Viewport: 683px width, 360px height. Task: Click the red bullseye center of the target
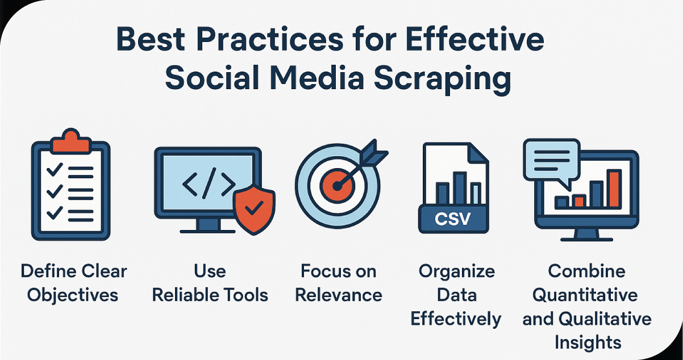click(x=337, y=185)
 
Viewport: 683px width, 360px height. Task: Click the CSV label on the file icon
click(x=452, y=219)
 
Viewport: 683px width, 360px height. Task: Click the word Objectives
click(x=74, y=295)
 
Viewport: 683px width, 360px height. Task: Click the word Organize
click(x=456, y=271)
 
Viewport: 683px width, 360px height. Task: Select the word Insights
click(x=587, y=342)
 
